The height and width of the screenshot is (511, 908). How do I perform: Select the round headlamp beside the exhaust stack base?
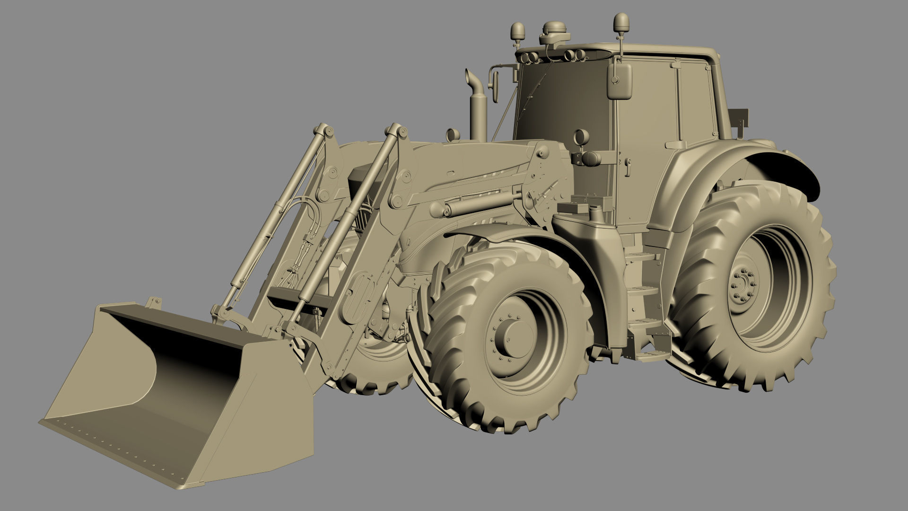coord(453,135)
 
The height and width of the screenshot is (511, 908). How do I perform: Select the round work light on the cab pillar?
coord(579,138)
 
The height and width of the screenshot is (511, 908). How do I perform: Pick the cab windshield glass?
coord(563,104)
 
